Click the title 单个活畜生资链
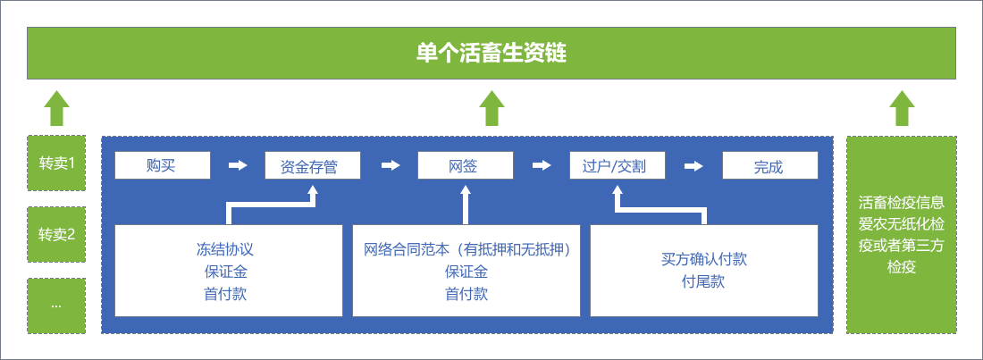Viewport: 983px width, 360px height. tap(491, 53)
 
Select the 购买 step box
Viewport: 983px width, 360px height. tap(162, 165)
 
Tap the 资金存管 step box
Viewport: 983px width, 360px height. tap(314, 166)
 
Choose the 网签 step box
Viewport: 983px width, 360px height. tap(466, 165)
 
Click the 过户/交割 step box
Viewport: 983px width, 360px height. tap(618, 166)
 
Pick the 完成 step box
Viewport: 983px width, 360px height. tap(769, 166)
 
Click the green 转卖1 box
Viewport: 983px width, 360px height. tap(56, 163)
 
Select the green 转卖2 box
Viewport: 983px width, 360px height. tap(56, 235)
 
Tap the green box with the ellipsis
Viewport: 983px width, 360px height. tap(56, 306)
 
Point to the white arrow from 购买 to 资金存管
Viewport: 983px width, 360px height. tap(238, 165)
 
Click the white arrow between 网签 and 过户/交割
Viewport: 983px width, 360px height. tap(542, 165)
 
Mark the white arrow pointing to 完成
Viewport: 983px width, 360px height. tap(693, 165)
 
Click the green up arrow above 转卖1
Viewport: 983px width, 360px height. tap(56, 108)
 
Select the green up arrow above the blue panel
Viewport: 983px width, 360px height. tap(491, 108)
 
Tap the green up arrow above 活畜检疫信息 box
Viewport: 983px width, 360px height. tap(902, 108)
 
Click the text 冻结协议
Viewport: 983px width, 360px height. tap(225, 249)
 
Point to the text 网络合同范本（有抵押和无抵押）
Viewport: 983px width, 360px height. tap(466, 249)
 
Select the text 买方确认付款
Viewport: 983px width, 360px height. tap(703, 259)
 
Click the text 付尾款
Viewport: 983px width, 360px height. tap(703, 281)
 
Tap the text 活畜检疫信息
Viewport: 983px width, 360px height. tap(902, 202)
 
